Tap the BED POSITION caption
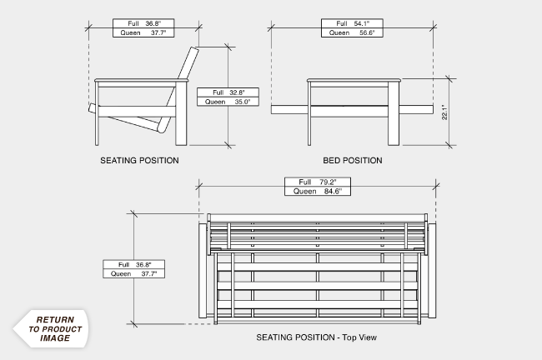[x=353, y=160]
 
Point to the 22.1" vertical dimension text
[x=444, y=112]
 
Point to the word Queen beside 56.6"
[x=339, y=32]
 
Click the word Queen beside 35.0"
[x=216, y=102]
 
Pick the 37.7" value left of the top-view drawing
[x=149, y=273]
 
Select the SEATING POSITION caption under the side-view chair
[x=139, y=160]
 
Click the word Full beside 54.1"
[x=340, y=23]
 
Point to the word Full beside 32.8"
[x=218, y=92]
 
